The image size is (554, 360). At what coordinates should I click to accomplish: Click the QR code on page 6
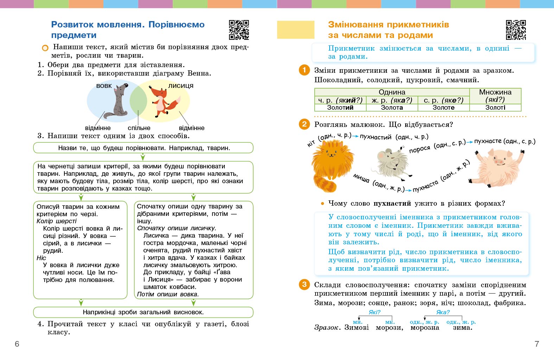[239, 30]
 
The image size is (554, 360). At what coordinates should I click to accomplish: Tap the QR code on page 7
[516, 30]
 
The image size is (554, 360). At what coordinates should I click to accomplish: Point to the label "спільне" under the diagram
[139, 128]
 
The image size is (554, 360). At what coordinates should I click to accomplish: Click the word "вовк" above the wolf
[104, 86]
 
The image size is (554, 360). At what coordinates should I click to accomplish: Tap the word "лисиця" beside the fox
[180, 86]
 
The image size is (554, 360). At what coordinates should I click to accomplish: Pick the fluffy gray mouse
[393, 161]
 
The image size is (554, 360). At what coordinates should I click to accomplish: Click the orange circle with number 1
[304, 70]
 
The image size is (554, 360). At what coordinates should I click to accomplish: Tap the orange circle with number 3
[304, 284]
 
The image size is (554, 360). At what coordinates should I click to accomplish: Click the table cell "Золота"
[392, 108]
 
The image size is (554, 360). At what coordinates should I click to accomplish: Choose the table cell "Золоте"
[444, 108]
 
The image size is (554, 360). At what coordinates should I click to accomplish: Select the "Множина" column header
[495, 92]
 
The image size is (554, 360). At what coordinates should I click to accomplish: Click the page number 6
[17, 344]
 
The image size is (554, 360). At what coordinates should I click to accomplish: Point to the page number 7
[537, 344]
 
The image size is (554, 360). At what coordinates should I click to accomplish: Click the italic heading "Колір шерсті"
[57, 221]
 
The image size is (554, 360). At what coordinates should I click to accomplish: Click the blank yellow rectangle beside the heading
[295, 30]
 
